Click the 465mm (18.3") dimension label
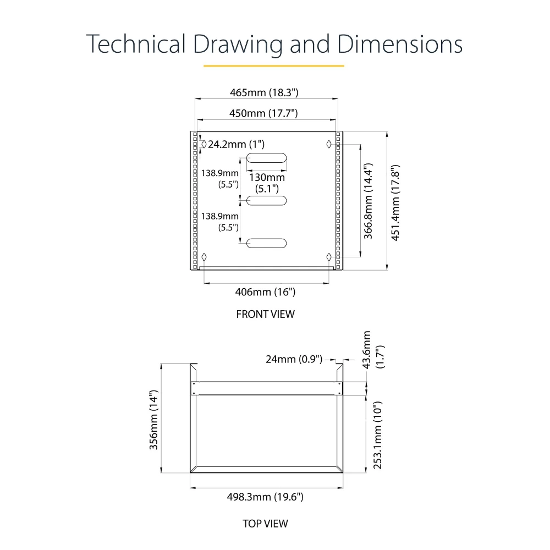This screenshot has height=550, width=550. pos(267,92)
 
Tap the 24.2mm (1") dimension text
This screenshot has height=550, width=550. pos(236,144)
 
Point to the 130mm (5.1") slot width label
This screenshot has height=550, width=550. pos(267,183)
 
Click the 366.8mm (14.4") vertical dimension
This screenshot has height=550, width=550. pos(369,201)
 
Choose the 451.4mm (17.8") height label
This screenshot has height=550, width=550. pos(395,202)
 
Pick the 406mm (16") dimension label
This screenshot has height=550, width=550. pos(265,292)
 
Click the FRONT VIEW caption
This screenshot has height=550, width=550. pos(265,314)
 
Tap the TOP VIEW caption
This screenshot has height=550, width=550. pos(265,523)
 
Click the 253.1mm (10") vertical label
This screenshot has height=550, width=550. pos(377,435)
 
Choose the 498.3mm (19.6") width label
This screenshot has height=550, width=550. pos(265,497)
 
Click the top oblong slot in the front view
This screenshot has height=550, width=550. pos(267,158)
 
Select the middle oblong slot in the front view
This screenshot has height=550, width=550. pos(267,201)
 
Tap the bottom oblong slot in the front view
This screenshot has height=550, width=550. pos(267,243)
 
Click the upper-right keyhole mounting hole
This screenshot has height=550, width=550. pos(328,144)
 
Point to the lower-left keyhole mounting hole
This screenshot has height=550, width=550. pos(205,257)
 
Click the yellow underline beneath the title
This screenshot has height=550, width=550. pos(273,66)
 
